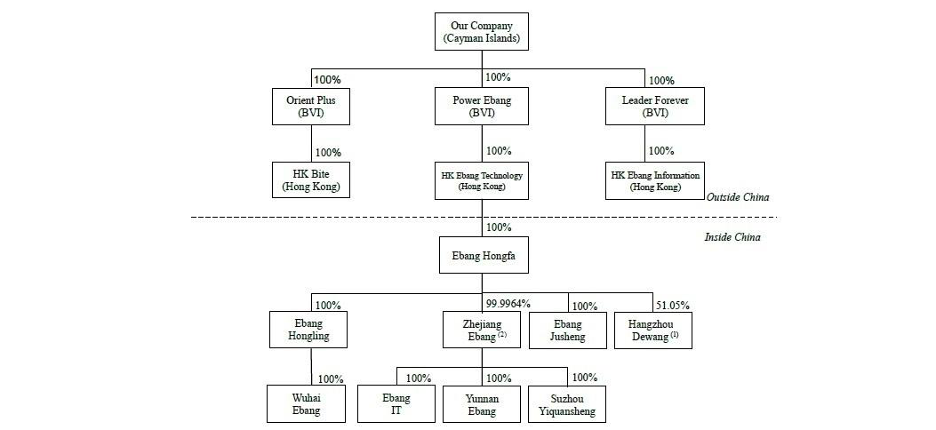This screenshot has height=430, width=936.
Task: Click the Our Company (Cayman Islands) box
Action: tap(482, 33)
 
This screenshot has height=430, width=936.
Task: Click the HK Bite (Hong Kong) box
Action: tap(310, 179)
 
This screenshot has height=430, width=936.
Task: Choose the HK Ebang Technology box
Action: tap(482, 181)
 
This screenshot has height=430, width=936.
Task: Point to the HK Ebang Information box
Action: tap(655, 181)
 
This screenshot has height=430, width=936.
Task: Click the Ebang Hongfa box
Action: tap(483, 255)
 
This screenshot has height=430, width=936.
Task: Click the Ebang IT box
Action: tap(396, 404)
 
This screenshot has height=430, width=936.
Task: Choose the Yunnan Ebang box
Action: tap(482, 404)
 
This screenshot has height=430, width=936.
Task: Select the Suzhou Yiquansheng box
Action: tap(567, 404)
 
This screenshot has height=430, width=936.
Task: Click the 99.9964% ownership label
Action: tap(508, 304)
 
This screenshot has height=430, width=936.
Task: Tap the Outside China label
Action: tap(737, 197)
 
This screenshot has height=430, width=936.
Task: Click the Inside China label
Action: tap(732, 237)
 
